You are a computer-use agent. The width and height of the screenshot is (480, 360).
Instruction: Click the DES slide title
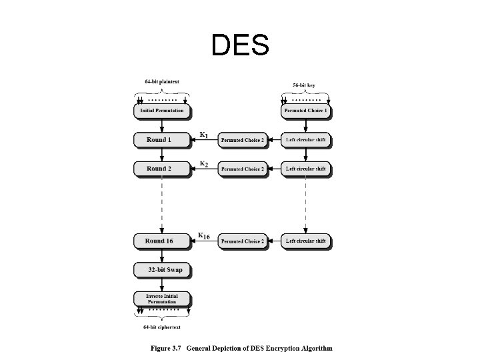[x=240, y=45]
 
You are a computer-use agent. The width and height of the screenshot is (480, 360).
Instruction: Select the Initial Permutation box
[x=162, y=111]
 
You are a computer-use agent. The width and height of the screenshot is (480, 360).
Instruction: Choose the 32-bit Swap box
[x=162, y=270]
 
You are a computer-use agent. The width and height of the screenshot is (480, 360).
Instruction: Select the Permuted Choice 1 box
[x=306, y=111]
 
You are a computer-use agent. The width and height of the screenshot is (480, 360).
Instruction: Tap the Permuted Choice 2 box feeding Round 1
[x=243, y=141]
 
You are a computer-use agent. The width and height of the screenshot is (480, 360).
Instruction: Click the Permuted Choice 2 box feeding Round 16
[x=243, y=241]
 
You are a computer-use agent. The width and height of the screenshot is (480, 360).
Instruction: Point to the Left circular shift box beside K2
[x=306, y=169]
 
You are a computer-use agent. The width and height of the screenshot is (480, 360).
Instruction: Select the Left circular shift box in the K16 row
[x=306, y=241]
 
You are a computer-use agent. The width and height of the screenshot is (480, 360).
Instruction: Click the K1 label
[x=204, y=135]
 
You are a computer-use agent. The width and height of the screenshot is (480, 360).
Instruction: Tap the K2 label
[x=204, y=164]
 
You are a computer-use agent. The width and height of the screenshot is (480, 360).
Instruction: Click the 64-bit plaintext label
[x=162, y=82]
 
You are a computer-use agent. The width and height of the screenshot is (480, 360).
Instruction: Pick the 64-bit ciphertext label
[x=162, y=327]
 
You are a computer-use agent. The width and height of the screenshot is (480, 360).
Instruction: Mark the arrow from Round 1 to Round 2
[x=162, y=154]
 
